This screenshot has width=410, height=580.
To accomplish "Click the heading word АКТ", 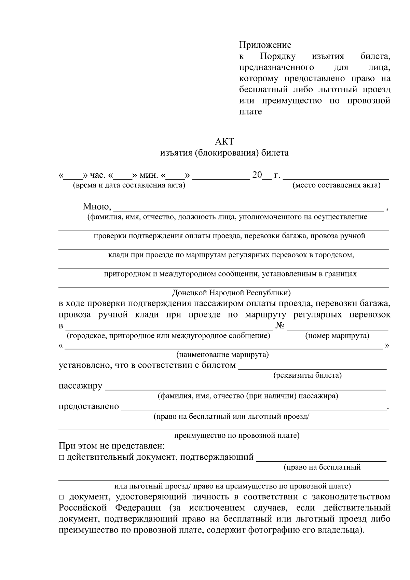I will [x=224, y=141].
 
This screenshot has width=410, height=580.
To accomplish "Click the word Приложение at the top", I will [x=265, y=45].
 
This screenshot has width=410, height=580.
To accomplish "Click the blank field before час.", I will [x=73, y=176].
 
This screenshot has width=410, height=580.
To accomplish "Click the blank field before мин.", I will [x=122, y=176].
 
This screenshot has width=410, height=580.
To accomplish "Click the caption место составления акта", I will [x=336, y=186].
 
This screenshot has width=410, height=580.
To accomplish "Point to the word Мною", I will [x=96, y=206].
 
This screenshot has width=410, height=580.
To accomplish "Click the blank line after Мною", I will [x=248, y=208].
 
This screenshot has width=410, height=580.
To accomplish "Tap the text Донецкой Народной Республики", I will [x=231, y=293].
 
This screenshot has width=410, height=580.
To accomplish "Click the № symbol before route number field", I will [x=280, y=325].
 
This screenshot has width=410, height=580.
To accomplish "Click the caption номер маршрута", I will [x=337, y=336].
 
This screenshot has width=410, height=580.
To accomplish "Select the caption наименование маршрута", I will [x=222, y=355].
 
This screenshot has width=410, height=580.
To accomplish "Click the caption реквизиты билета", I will [x=307, y=376].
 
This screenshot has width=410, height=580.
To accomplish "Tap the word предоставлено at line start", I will [x=89, y=406].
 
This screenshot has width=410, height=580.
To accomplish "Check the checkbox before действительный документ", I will [x=61, y=457].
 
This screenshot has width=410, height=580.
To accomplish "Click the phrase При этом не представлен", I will [x=112, y=446].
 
